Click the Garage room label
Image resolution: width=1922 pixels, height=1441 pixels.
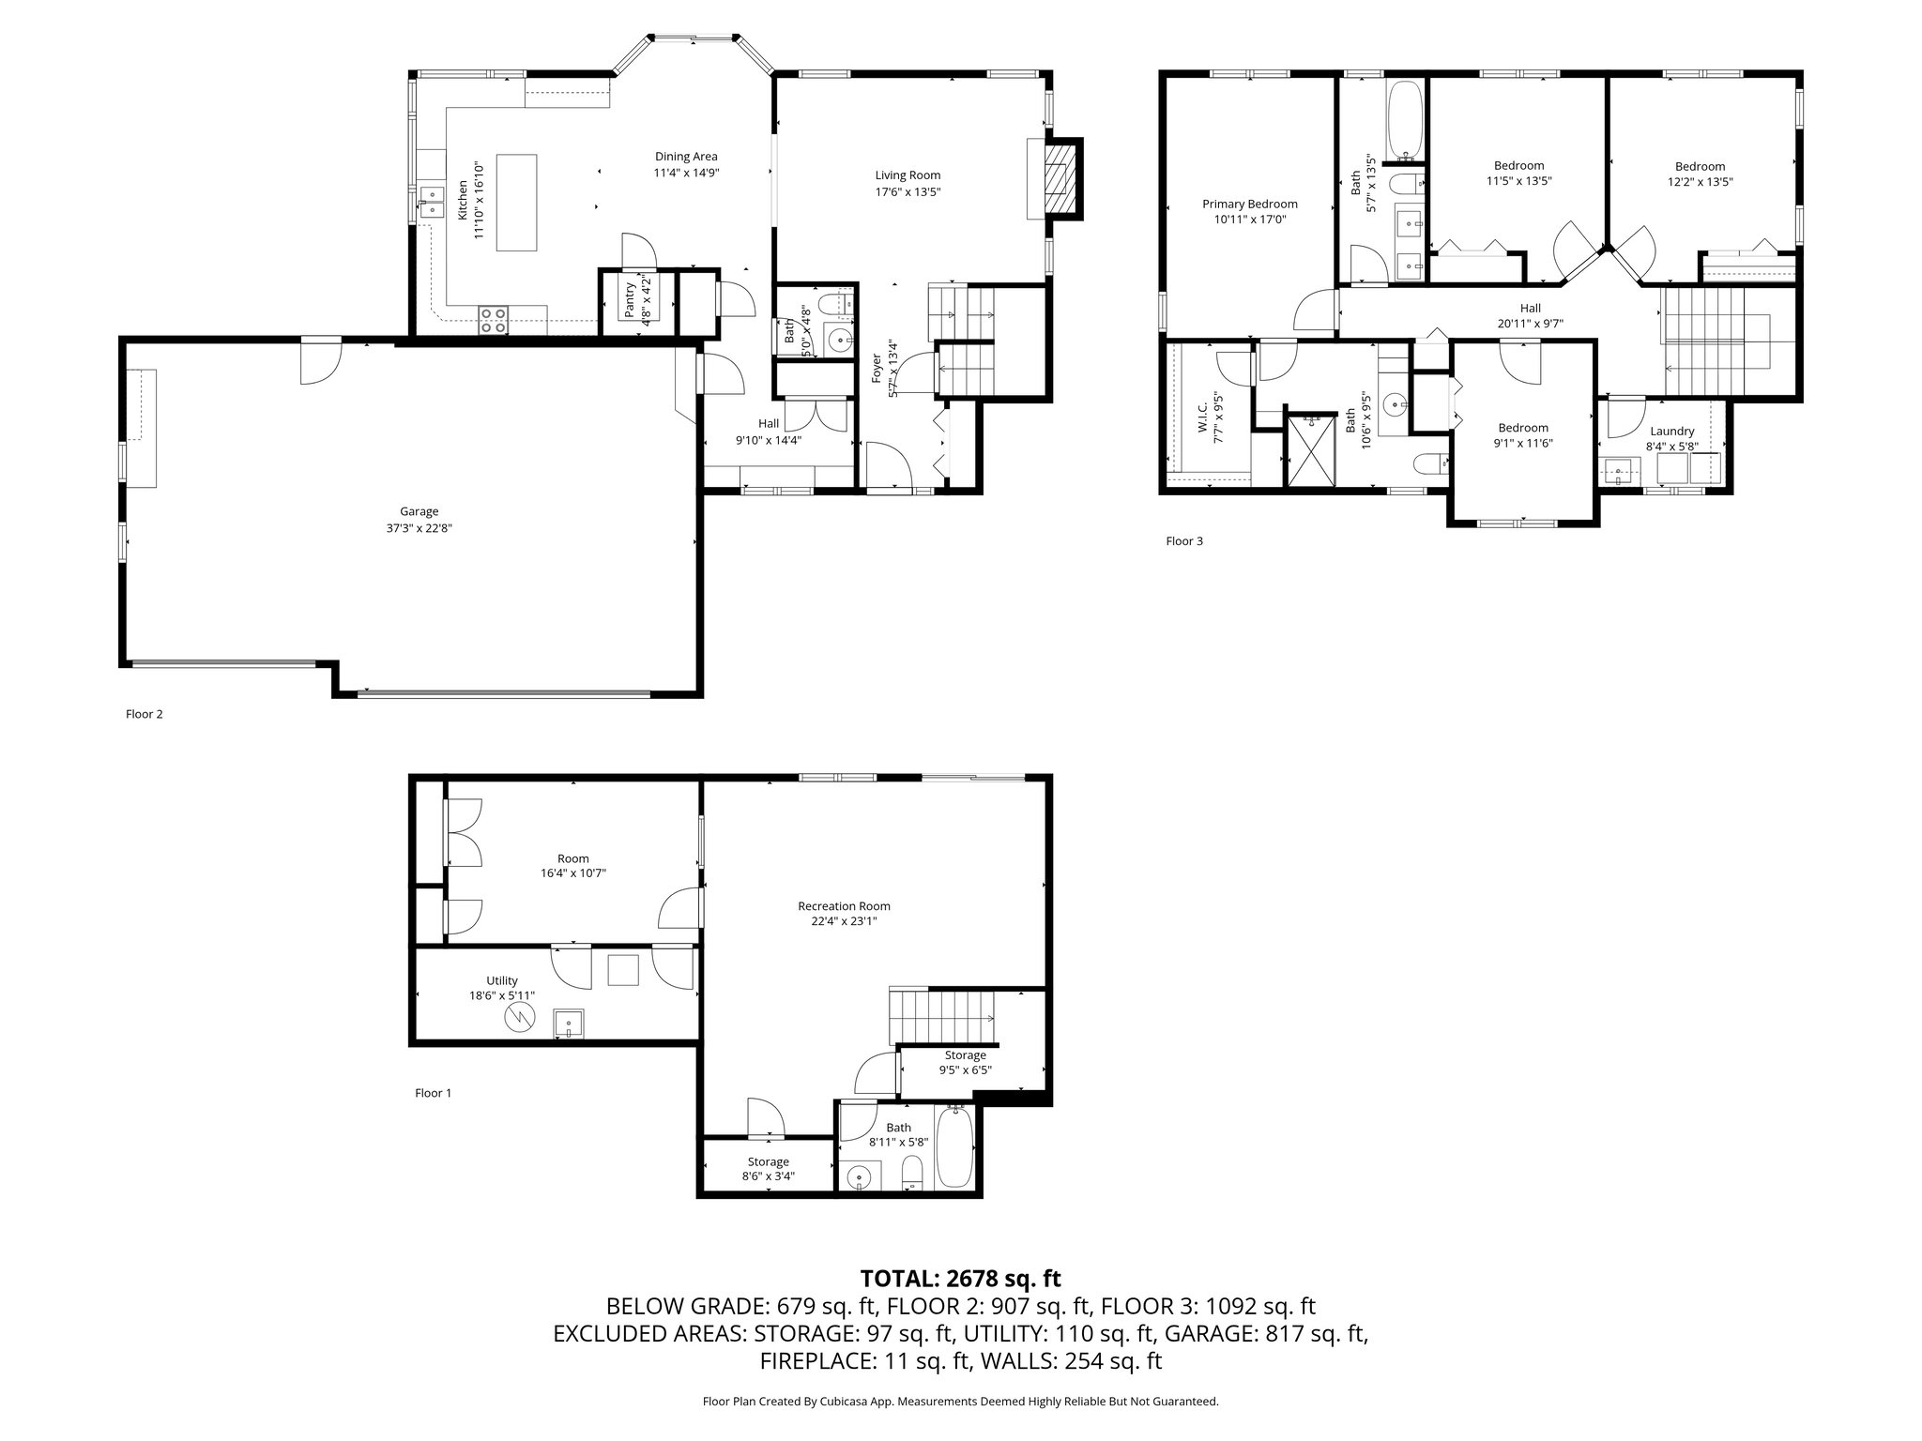pyautogui.click(x=419, y=511)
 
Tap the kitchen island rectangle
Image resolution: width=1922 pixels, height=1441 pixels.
pyautogui.click(x=516, y=203)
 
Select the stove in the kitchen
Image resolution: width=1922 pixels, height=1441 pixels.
pyautogui.click(x=494, y=320)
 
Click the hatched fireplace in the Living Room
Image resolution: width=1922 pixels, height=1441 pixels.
pyautogui.click(x=1059, y=178)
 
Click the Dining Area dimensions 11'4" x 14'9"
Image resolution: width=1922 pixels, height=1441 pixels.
pyautogui.click(x=686, y=173)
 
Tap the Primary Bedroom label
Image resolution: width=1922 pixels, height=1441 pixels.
pyautogui.click(x=1249, y=204)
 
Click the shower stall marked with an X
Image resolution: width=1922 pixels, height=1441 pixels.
pyautogui.click(x=1310, y=452)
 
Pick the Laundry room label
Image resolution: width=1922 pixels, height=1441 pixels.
pyautogui.click(x=1671, y=432)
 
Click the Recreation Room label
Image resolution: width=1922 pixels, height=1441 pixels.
pyautogui.click(x=844, y=906)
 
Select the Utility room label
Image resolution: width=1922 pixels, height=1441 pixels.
pyautogui.click(x=502, y=980)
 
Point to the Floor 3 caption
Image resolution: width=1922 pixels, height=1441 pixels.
pyautogui.click(x=1183, y=541)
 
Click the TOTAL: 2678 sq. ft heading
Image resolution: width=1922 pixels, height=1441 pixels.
pyautogui.click(x=960, y=1278)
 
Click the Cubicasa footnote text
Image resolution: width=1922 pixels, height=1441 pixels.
pyautogui.click(x=960, y=1402)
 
